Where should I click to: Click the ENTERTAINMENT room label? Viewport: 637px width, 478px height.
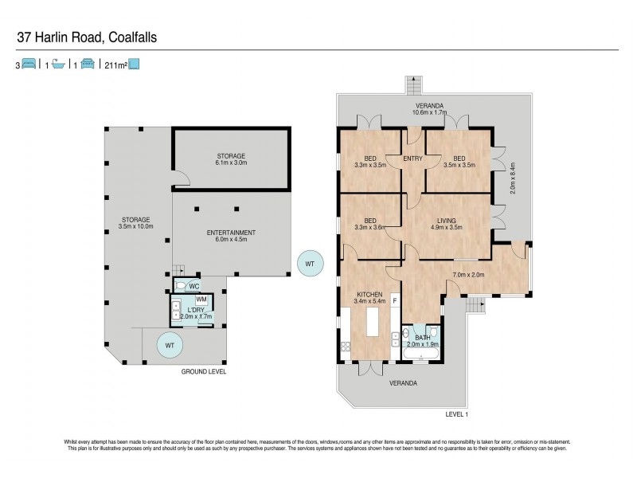(x=231, y=233)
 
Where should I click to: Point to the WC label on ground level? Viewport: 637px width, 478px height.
(x=193, y=285)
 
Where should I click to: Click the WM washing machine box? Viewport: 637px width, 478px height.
(x=202, y=300)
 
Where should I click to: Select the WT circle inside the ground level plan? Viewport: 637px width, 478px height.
(x=167, y=345)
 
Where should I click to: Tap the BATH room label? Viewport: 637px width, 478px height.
(x=421, y=337)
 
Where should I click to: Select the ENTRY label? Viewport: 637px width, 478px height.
(x=412, y=158)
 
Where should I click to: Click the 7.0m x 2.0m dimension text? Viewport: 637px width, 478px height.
(x=468, y=276)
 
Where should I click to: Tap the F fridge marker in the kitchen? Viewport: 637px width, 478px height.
(x=394, y=300)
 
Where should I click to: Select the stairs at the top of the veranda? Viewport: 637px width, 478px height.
(x=412, y=84)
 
